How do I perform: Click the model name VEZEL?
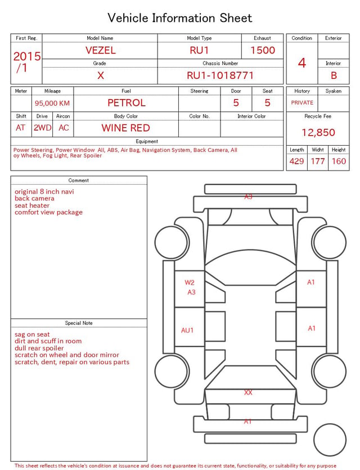pyautogui.click(x=100, y=50)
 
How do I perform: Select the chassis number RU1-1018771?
pyautogui.click(x=220, y=75)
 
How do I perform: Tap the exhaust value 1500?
pyautogui.click(x=263, y=50)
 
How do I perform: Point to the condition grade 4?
pyautogui.click(x=302, y=63)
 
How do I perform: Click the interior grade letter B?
pyautogui.click(x=334, y=75)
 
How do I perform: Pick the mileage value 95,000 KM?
pyautogui.click(x=52, y=103)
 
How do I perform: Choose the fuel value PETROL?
pyautogui.click(x=127, y=103)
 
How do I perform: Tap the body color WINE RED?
pyautogui.click(x=126, y=128)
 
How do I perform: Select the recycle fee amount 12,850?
pyautogui.click(x=318, y=132)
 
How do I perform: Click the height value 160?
pyautogui.click(x=339, y=161)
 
